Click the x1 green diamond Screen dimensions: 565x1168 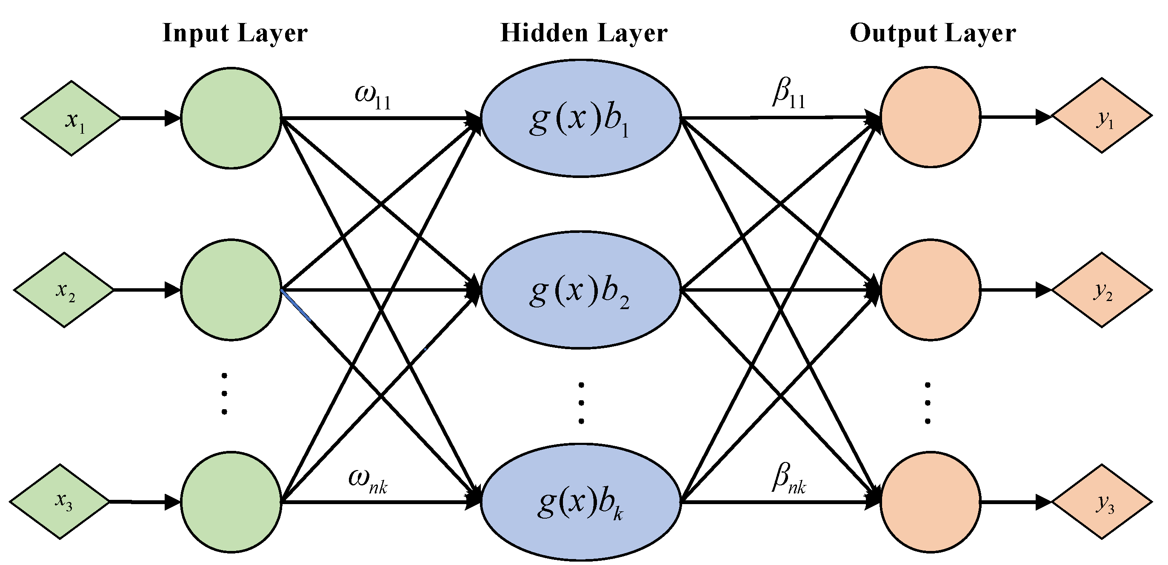71,118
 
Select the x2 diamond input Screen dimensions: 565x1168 64,290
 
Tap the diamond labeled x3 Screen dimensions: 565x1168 60,502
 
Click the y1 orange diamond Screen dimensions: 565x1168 1102,116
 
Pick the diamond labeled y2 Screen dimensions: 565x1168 1102,290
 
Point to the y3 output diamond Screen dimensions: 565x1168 1102,502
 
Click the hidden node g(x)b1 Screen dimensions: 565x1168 580,118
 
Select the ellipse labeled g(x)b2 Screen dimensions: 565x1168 580,290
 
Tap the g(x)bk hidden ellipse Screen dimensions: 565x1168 580,502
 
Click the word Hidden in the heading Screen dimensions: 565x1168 544,33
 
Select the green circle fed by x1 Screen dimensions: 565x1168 231,118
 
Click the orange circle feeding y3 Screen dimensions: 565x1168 931,502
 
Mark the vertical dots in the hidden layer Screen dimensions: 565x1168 581,403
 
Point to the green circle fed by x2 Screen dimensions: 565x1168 231,290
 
